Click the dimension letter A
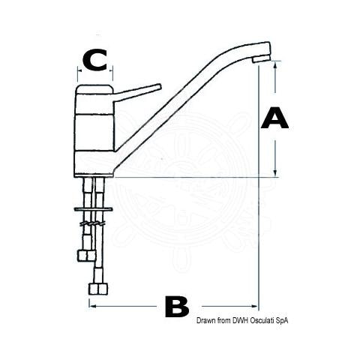point(274,118)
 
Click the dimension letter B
point(177,307)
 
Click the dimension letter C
point(95,60)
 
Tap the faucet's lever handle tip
point(159,86)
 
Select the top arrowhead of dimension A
point(275,64)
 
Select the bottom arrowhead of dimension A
point(275,173)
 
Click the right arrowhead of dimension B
point(254,306)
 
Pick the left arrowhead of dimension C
point(79,70)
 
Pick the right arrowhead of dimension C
point(111,70)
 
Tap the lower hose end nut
point(98,289)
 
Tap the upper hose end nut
point(86,256)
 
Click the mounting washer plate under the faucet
point(93,208)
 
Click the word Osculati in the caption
point(262,320)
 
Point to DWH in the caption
point(241,320)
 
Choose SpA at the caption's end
point(281,321)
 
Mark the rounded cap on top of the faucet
point(95,89)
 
